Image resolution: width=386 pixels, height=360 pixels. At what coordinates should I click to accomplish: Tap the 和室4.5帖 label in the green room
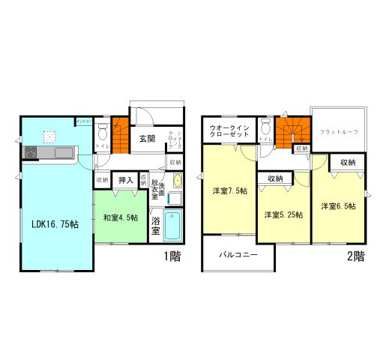tap(120, 218)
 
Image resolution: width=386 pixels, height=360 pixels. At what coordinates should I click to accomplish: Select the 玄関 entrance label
tap(146, 139)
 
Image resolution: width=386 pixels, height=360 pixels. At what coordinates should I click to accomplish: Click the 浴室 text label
tap(156, 226)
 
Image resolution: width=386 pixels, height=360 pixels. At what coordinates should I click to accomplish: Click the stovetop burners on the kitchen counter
tap(32, 152)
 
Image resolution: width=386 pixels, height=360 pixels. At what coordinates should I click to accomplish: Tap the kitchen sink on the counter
tap(64, 153)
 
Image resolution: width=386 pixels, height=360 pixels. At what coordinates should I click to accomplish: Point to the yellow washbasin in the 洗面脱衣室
tap(177, 181)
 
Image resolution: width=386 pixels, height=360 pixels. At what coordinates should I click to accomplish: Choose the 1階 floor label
tap(172, 255)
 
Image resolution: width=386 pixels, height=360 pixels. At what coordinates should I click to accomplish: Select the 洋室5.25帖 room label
tap(283, 214)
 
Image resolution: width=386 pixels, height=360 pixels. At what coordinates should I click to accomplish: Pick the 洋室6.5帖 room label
tap(338, 205)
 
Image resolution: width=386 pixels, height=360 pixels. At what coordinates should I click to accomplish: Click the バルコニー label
tap(238, 255)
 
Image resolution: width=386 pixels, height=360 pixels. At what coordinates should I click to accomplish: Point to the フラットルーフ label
tap(339, 132)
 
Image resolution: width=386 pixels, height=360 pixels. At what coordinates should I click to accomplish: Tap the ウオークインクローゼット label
tap(231, 132)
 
